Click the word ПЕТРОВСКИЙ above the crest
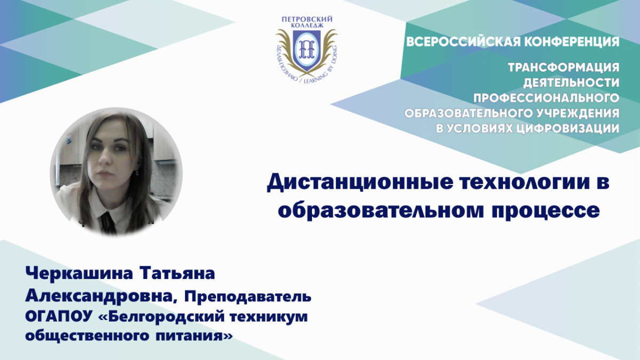pos(307,19)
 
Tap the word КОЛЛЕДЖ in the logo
pos(307,26)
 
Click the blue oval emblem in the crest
pos(307,49)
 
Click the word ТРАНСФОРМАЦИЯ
pos(564,67)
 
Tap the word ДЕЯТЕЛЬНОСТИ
pos(571,83)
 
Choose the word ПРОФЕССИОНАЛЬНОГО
pos(546,98)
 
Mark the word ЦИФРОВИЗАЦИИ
pos(569,129)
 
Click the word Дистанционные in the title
pos(360,183)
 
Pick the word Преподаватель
pos(247,297)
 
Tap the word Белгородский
pos(169,317)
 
